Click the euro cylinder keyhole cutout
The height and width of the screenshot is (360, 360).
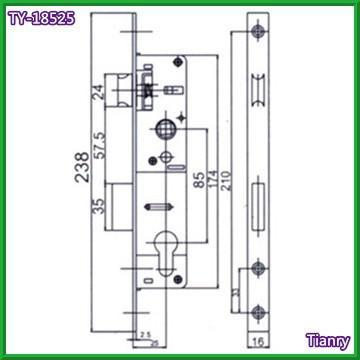[x=164, y=249]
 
